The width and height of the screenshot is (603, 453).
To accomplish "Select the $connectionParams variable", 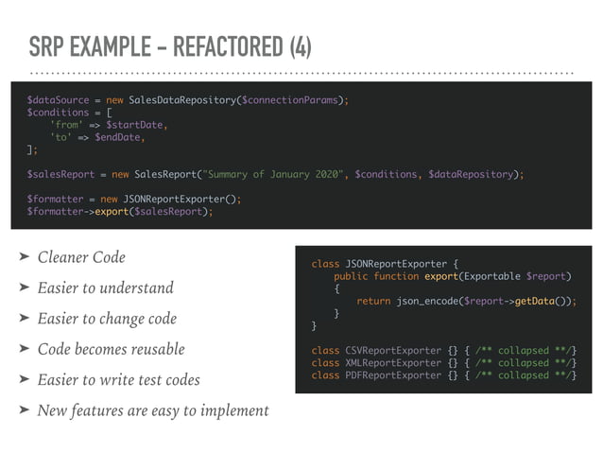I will (x=293, y=99).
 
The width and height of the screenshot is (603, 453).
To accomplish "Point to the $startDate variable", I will (x=136, y=124).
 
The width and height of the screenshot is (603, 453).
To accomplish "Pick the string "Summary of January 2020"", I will (x=267, y=174).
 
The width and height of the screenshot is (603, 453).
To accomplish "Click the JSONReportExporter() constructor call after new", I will (x=181, y=199).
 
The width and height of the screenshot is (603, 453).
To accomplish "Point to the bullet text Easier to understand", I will (x=105, y=287).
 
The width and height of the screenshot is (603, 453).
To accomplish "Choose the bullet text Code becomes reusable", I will (x=111, y=349).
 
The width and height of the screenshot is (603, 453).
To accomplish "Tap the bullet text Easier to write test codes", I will (x=118, y=379).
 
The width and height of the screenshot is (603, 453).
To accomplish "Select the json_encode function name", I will (x=427, y=301).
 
